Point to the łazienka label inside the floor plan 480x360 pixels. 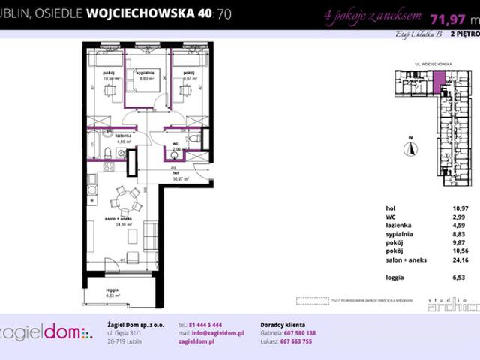coord(124,135)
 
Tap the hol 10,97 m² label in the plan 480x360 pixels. coord(181,178)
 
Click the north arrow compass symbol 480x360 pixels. coord(409,148)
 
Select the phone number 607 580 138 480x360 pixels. coord(299,332)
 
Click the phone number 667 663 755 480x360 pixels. coord(298,341)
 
